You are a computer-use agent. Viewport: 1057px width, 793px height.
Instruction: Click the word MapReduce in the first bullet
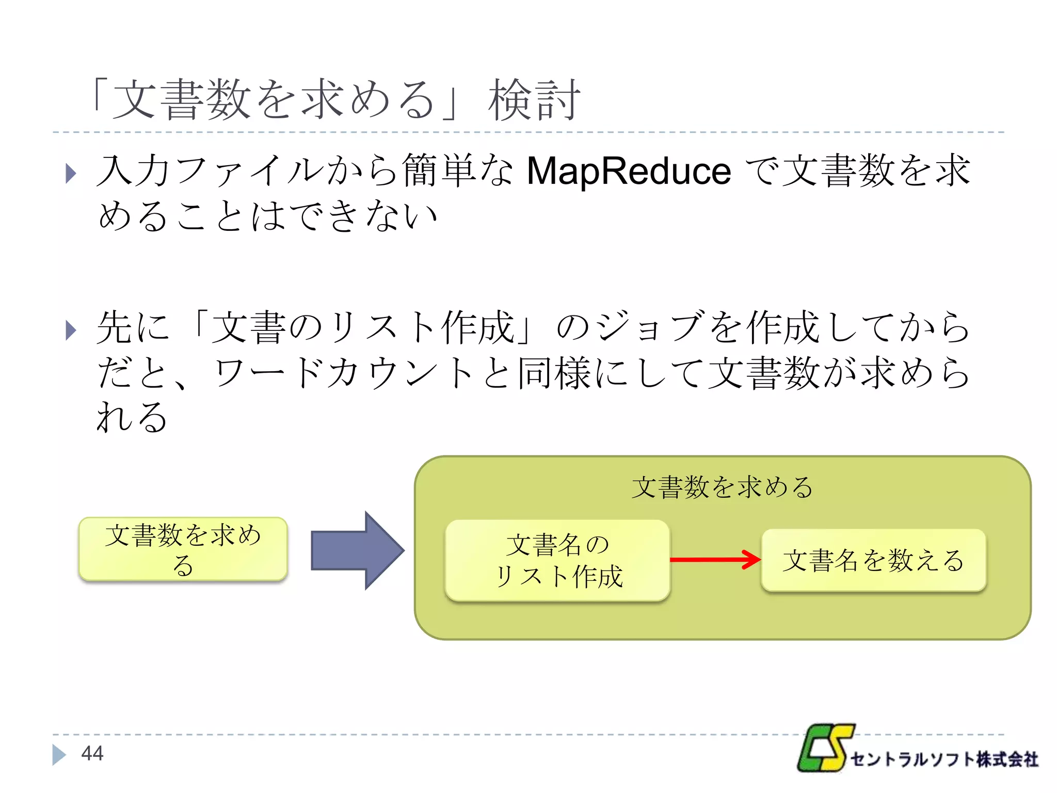628,171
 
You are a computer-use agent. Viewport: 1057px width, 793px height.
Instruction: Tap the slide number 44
92,753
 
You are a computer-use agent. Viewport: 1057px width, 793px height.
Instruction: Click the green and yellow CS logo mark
825,747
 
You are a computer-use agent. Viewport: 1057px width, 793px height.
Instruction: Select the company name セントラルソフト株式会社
944,759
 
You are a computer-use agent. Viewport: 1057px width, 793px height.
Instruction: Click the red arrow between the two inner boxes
715,560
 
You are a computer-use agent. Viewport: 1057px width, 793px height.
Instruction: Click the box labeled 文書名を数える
873,560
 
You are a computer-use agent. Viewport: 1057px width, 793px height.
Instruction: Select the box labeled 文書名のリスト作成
557,561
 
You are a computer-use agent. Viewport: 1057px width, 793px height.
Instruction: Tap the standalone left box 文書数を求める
183,549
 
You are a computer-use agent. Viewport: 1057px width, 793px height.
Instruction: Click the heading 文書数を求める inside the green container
722,487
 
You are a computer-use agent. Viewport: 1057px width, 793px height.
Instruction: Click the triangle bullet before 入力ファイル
71,173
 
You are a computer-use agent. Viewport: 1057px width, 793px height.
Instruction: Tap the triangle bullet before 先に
71,330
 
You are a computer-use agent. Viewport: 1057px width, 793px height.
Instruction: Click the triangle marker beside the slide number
59,754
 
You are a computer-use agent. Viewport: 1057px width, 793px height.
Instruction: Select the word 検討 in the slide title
534,100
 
